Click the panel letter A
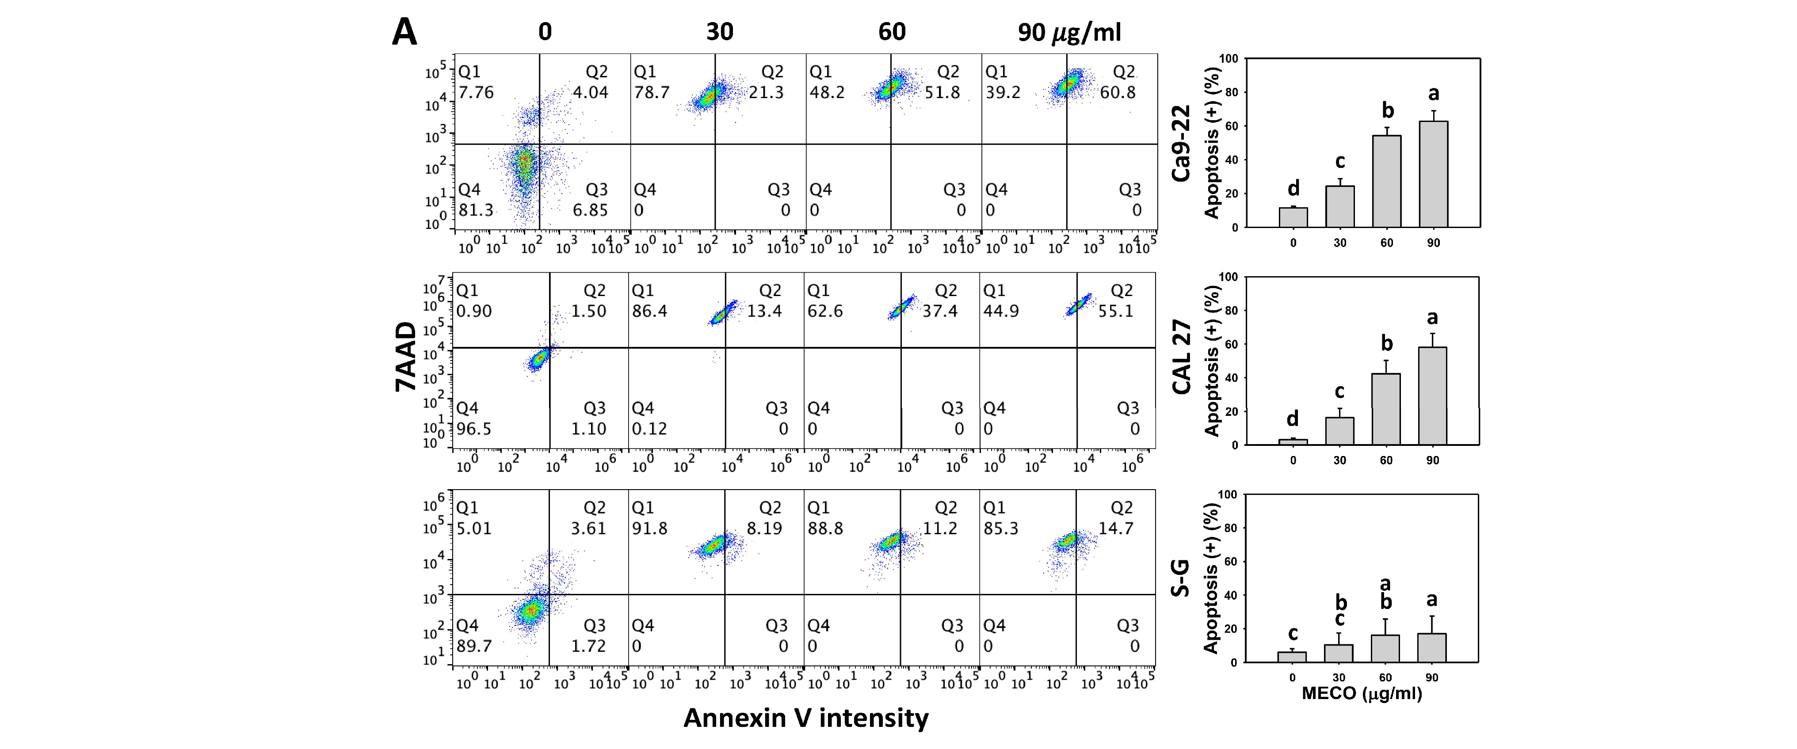(404, 32)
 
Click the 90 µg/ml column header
(1069, 32)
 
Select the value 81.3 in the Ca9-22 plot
(476, 210)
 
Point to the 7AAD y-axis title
(406, 356)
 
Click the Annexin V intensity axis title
(806, 718)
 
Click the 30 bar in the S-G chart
(1338, 654)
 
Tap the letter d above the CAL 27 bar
(1293, 418)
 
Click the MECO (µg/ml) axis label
(1361, 693)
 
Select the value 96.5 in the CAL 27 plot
(473, 429)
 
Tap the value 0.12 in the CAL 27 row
(649, 429)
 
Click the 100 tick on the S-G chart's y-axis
(1227, 494)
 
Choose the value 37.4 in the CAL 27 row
(940, 311)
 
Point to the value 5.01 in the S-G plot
(473, 528)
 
